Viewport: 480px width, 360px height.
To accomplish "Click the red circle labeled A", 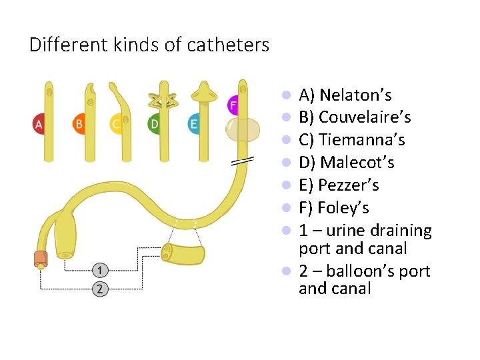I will (39, 124).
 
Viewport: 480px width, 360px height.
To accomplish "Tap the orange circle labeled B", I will (79, 124).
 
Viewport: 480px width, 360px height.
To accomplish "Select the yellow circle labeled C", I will (117, 124).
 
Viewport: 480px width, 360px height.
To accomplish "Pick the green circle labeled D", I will (155, 124).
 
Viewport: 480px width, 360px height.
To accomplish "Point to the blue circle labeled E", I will (193, 124).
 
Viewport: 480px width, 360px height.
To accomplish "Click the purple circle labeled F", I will (233, 105).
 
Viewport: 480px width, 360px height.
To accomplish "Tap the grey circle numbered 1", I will (99, 270).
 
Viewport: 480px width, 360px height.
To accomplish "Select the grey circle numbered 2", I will (99, 289).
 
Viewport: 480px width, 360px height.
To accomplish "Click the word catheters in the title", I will (228, 46).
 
